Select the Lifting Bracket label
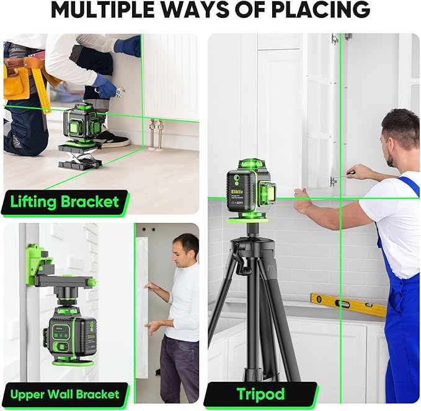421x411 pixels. point(64,202)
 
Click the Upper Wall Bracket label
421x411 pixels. point(64,394)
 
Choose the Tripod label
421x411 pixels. point(260,394)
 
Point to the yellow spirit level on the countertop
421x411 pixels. point(348,304)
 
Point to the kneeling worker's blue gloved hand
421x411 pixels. point(107,87)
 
